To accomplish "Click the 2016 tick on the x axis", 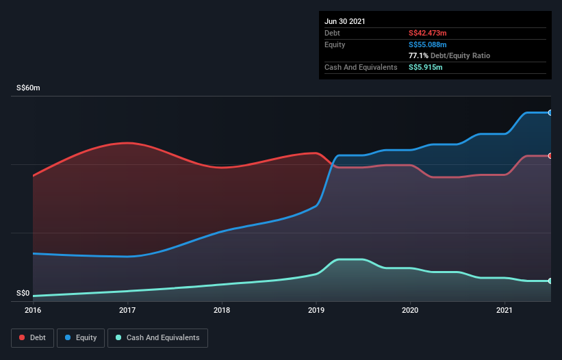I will coord(33,310).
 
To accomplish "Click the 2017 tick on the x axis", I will coord(127,310).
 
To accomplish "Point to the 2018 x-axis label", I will coord(222,310).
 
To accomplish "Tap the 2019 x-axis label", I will coord(316,310).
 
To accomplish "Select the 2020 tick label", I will coord(410,310).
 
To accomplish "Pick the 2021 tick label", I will coord(504,310).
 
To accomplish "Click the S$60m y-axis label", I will coord(29,88).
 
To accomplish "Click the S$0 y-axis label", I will coord(23,293).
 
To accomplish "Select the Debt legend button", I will coord(32,337).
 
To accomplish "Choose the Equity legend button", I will coord(81,337).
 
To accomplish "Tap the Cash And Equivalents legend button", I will coord(157,337).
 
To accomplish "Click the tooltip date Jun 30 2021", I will coord(345,21).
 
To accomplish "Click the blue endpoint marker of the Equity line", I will coord(550,112).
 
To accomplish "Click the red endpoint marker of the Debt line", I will coord(550,156).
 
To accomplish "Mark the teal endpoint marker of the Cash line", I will coord(550,281).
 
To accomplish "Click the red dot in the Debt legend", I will coord(23,337).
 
